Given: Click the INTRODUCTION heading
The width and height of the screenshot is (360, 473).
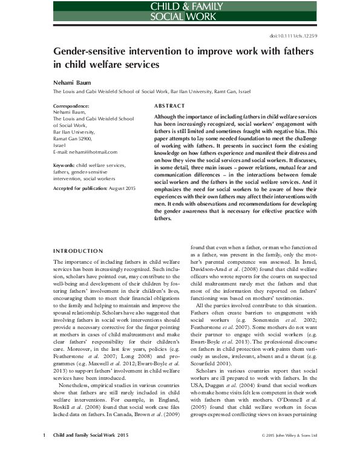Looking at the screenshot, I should [x=78, y=251].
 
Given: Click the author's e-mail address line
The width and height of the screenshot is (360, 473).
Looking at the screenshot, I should [x=85, y=152].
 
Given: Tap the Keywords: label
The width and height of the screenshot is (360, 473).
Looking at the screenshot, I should [x=64, y=165].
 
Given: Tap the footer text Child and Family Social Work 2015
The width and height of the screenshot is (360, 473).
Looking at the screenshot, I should [x=91, y=452].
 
